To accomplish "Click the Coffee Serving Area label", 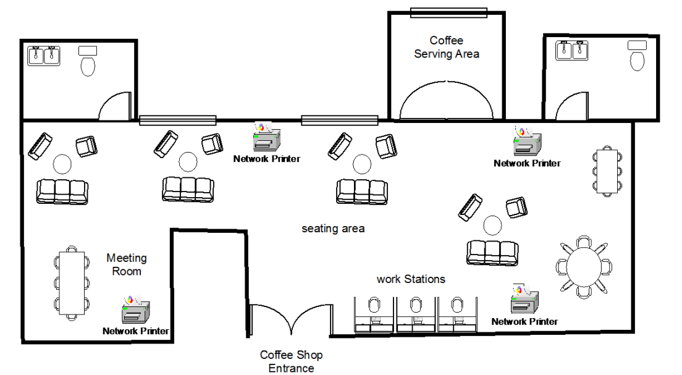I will click(x=446, y=48).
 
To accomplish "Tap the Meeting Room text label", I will click(x=127, y=264).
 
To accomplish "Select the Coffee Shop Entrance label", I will click(x=291, y=361).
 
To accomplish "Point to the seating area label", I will click(x=333, y=229).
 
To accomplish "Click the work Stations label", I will click(x=411, y=279).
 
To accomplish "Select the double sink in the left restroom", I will click(x=44, y=56).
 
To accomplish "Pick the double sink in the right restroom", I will click(x=571, y=50).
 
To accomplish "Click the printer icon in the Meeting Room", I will click(x=135, y=310).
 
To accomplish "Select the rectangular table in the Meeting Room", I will click(x=72, y=284).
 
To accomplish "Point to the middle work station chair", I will click(x=415, y=306).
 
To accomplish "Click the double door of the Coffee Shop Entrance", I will click(x=291, y=319).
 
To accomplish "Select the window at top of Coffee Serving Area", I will click(x=448, y=13).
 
